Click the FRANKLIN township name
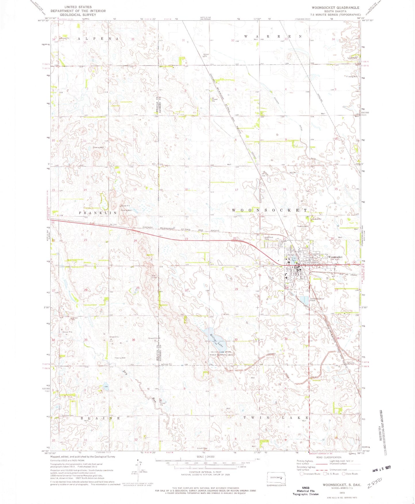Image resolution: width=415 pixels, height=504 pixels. [98, 213]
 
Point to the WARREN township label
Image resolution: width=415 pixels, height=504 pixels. [273, 36]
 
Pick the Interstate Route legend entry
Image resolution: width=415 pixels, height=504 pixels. [310, 474]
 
